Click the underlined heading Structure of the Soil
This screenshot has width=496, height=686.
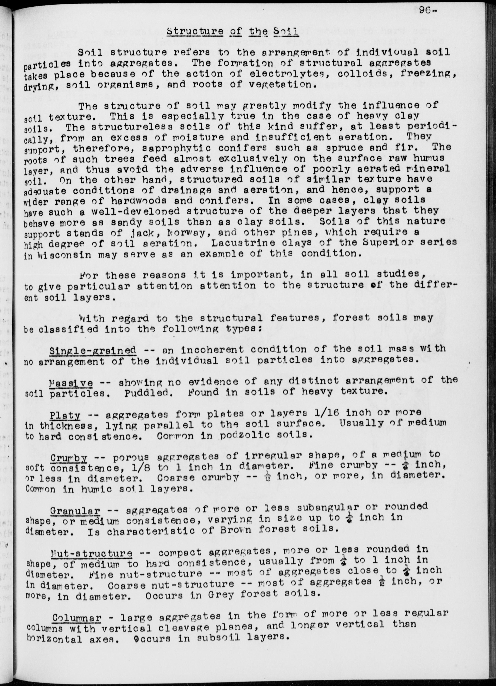coord(233,32)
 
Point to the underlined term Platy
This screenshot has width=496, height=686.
coord(65,415)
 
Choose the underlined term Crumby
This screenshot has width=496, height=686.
coord(69,458)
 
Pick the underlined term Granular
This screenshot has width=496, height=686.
coord(75,511)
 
